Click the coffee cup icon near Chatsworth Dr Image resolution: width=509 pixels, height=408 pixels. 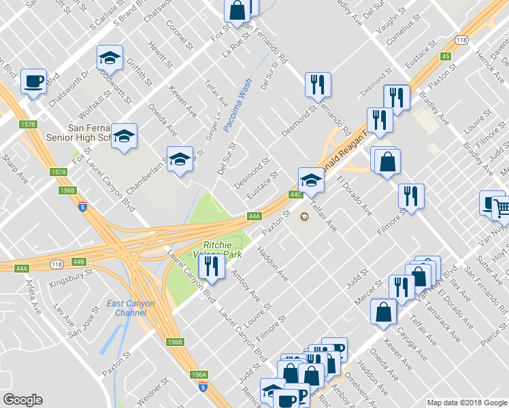[x=33, y=82]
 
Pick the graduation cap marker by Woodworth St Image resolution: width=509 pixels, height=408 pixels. [x=109, y=59]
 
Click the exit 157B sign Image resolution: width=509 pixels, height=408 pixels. [x=27, y=124]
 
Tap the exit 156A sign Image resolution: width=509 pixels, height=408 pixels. [x=199, y=375]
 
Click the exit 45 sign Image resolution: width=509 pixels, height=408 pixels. [x=446, y=56]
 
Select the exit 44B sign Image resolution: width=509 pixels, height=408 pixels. [x=79, y=262]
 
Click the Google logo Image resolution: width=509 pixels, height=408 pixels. [x=22, y=400]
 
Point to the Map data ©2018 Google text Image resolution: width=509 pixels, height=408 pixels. [x=466, y=403]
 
